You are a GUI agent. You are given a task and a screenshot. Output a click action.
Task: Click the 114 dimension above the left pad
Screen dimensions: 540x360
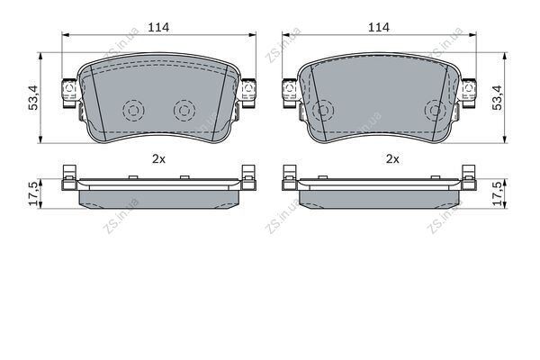point(158,27)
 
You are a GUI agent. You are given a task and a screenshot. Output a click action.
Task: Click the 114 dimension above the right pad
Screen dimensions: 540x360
point(379,27)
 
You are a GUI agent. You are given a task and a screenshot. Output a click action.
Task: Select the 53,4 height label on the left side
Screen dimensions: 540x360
point(33,97)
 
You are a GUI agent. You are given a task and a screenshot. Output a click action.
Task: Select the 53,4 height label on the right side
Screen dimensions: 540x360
point(498,97)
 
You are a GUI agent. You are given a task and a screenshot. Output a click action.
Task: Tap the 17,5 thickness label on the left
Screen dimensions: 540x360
point(33,194)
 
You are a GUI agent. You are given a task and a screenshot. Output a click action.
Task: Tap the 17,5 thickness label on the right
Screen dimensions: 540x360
point(498,194)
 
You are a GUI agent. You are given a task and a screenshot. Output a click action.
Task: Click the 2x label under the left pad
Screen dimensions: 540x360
point(158,158)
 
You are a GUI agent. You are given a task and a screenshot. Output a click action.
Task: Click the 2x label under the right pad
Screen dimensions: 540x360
point(392,158)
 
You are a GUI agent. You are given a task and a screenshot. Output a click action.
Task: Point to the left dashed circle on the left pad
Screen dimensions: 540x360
point(133,111)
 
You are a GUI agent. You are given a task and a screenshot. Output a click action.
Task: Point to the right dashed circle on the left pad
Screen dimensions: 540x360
point(184,111)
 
